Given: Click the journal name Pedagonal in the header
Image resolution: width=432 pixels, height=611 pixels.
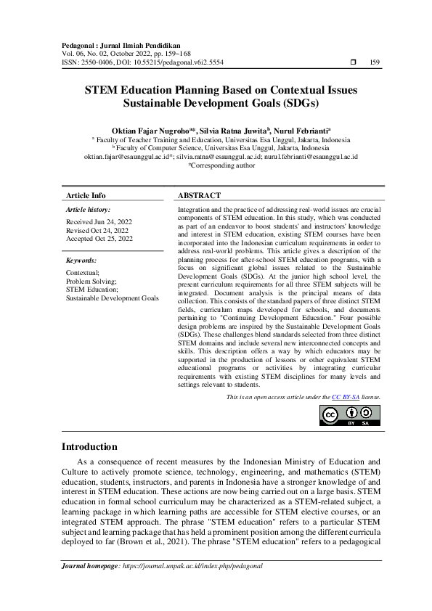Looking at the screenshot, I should [83, 45].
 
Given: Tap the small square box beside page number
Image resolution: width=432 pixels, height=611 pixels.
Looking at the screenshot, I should [353, 63].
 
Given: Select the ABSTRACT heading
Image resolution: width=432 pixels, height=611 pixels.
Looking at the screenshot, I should [200, 195].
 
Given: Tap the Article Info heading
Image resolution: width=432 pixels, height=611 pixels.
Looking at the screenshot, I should [86, 195].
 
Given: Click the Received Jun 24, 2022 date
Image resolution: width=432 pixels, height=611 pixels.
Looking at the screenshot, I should [99, 221].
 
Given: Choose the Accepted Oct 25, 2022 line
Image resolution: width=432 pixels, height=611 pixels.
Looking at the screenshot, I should [99, 238].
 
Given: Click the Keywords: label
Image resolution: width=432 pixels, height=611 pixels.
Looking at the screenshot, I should [81, 259].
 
